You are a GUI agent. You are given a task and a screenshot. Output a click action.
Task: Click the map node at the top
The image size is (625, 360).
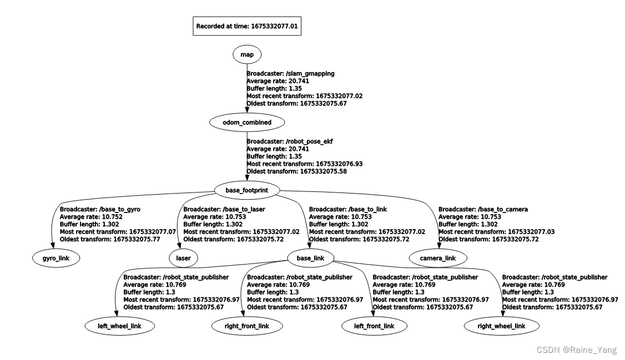(246, 54)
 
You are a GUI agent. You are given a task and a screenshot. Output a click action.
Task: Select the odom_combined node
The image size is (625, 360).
(246, 122)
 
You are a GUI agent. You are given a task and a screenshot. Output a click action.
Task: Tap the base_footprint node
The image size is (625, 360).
(246, 190)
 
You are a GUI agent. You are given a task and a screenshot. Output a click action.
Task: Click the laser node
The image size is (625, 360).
(183, 258)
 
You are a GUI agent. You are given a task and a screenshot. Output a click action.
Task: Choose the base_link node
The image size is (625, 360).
(310, 257)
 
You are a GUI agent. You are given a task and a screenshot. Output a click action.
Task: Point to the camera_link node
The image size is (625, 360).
(438, 258)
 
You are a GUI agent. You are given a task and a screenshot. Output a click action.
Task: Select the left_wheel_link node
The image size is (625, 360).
(120, 326)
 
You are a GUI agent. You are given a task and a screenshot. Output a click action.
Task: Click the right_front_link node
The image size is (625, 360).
(248, 326)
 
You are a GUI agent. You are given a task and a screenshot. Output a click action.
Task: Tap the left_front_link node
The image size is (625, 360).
(374, 326)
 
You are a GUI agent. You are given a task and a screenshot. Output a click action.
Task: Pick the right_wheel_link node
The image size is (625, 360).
(501, 326)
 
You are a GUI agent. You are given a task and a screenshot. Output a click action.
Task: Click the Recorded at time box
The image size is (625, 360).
(247, 26)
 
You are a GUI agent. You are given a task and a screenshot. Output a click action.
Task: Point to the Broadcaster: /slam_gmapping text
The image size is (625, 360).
(290, 73)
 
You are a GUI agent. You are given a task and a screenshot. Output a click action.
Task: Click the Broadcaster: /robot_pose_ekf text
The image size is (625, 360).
(289, 141)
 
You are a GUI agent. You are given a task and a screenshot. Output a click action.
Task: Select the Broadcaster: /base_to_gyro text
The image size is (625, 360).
(100, 209)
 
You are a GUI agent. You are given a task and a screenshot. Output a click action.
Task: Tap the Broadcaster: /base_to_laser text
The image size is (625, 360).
(225, 209)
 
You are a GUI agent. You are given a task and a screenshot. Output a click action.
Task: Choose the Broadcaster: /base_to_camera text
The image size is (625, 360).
(483, 209)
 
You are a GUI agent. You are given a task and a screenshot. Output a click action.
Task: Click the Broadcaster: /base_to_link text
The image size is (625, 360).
(347, 209)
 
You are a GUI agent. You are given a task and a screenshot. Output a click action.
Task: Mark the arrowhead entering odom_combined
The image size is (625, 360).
(246, 110)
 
